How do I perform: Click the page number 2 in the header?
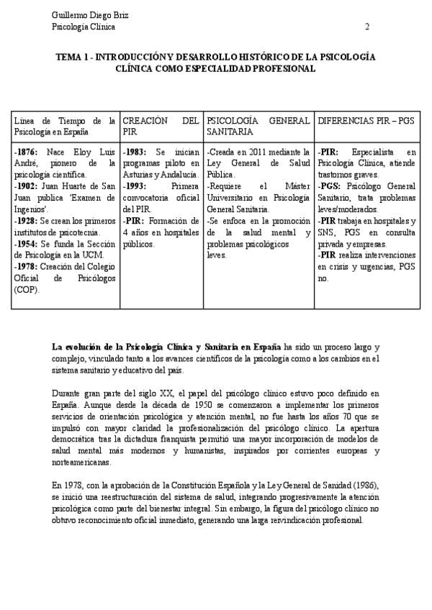[367, 27]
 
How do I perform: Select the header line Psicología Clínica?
[84, 27]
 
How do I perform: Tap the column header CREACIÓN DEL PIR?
[161, 127]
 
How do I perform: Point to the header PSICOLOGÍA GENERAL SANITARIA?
[258, 127]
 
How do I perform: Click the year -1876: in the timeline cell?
[27, 152]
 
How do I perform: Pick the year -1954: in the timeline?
[27, 243]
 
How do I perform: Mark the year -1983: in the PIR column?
[136, 152]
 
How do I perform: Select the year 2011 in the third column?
[258, 152]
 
